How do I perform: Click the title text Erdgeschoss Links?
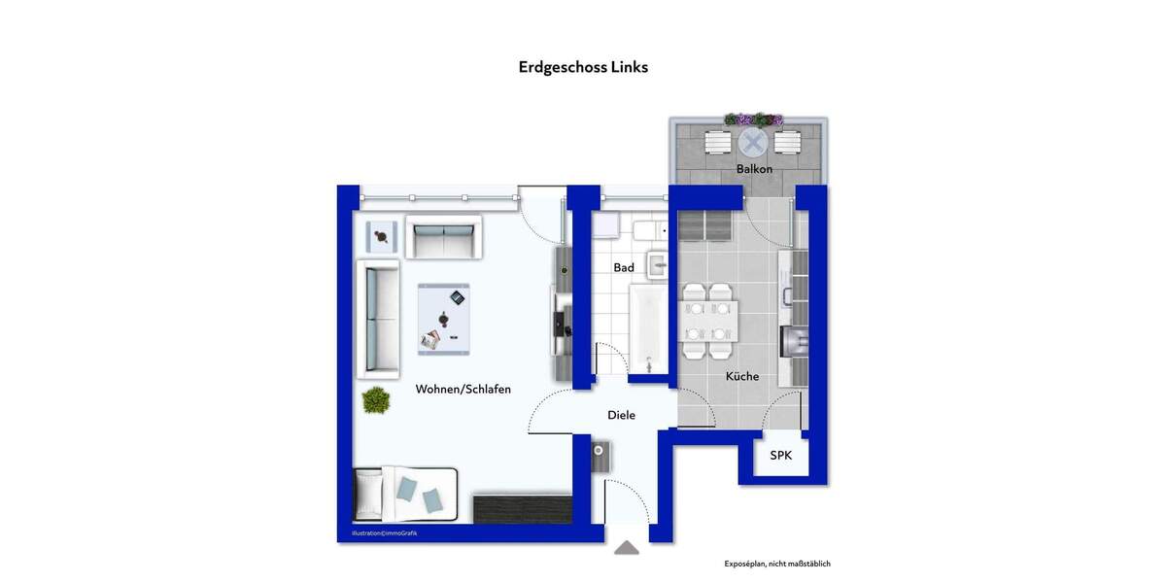coord(583,67)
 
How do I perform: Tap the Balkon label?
coord(754,169)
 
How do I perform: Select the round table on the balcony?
coord(752,143)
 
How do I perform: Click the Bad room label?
coord(624,267)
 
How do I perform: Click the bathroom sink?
coord(658,263)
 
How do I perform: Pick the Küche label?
coord(742,376)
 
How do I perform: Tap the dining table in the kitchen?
coord(708,322)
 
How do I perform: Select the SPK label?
coord(781,456)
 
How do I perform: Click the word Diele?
coord(621,415)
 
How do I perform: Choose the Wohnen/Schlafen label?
coord(463,389)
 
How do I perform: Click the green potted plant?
coord(376,399)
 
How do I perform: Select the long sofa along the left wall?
coord(379,319)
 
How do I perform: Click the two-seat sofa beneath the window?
coord(443,237)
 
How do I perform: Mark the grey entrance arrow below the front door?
coord(627,548)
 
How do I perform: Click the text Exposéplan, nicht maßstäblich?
coord(777,564)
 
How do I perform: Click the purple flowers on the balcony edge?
coord(753,120)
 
